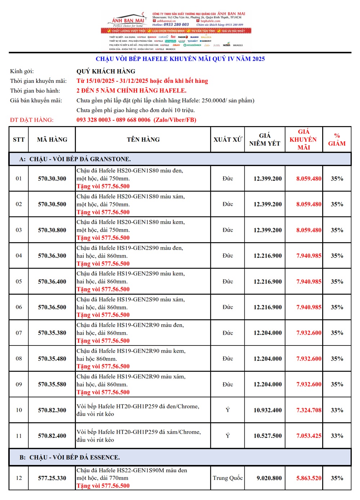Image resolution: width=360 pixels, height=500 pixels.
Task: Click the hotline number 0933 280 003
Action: [x=176, y=24]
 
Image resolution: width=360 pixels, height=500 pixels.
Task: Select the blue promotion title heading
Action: [x=180, y=59]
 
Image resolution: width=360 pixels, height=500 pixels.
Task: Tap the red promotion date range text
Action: [x=142, y=81]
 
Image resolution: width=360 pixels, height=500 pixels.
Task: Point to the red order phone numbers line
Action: [x=136, y=120]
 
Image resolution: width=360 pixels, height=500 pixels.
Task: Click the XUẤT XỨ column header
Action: [x=228, y=139]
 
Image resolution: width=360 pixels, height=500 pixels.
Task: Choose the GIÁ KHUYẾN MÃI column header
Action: [x=303, y=139]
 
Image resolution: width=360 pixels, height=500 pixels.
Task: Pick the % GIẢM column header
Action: [x=337, y=139]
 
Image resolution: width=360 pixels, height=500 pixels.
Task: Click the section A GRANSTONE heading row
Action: [x=180, y=159]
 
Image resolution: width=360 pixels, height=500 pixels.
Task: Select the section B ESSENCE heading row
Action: [x=180, y=457]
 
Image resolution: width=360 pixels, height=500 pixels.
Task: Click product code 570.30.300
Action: [x=52, y=179]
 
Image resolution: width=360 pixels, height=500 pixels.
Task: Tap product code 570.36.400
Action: [x=52, y=282]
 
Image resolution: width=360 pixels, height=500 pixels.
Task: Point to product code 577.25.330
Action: [x=52, y=478]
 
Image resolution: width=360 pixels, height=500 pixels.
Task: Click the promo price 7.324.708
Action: [x=309, y=410]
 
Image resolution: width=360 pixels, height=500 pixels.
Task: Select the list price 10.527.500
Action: [x=267, y=436]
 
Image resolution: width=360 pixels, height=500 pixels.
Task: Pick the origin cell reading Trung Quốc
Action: [x=228, y=478]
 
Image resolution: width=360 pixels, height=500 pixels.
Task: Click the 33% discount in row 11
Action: [x=337, y=436]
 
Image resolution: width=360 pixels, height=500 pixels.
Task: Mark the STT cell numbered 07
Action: [x=19, y=333]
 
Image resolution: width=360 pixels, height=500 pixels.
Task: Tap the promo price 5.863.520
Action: [x=309, y=478]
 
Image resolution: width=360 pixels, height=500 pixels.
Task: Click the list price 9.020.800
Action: [x=269, y=478]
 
